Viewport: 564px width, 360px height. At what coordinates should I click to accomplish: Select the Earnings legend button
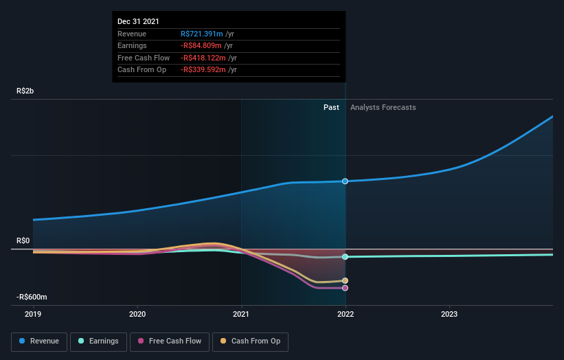(98, 341)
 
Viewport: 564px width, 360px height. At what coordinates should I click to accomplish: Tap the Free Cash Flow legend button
(170, 341)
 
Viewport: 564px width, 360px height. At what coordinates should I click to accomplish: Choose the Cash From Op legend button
(251, 341)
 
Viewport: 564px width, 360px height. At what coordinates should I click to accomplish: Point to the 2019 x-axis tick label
(33, 313)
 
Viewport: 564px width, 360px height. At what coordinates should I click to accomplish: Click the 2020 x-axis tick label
(137, 313)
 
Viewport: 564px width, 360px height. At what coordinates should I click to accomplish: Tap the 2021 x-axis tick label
(241, 313)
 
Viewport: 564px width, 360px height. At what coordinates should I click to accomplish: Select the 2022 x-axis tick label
(345, 313)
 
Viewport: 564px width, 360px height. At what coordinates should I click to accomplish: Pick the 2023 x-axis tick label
(449, 313)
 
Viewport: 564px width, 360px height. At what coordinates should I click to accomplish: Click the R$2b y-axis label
(27, 91)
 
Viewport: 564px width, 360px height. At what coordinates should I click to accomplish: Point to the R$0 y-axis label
(24, 240)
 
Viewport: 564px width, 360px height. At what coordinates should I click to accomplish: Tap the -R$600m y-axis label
(32, 297)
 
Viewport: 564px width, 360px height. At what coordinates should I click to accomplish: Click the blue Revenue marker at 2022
(345, 181)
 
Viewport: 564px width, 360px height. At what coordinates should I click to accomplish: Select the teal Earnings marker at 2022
(345, 257)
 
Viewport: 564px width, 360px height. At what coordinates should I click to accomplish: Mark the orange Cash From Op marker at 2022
(345, 281)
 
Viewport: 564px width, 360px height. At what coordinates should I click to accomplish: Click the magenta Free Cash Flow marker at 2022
(345, 288)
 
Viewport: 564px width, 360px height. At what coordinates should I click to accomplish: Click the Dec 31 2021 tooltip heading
(138, 22)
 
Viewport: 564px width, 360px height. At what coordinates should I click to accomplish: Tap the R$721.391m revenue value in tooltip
(203, 34)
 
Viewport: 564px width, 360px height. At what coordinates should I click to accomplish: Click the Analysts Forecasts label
(383, 107)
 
